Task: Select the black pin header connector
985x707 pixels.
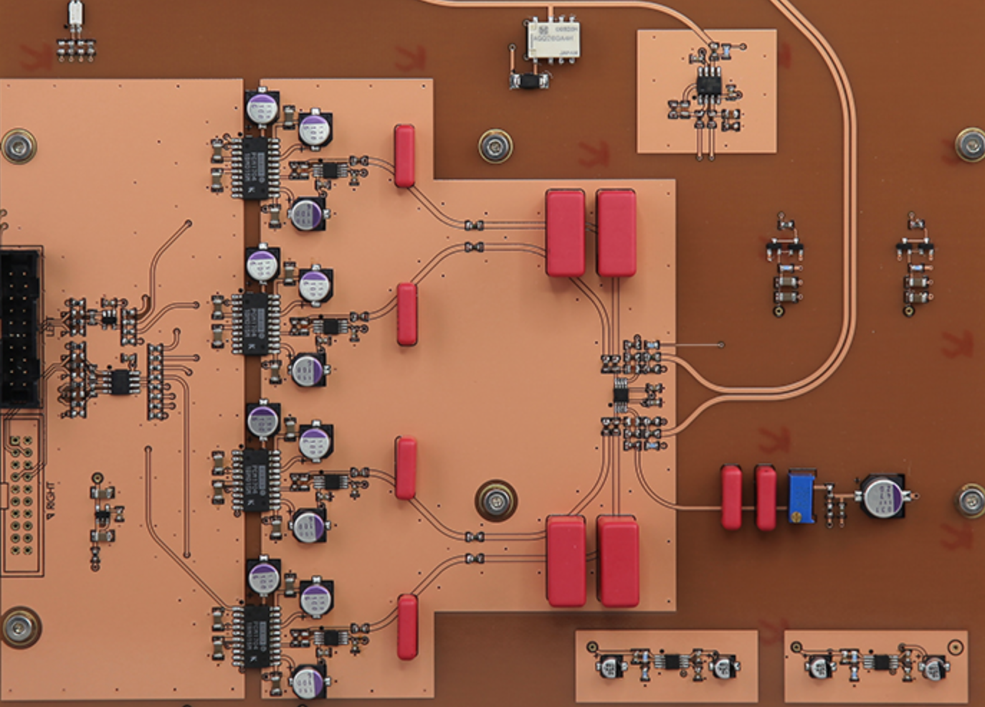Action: click(20, 327)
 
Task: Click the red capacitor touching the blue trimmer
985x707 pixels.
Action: click(765, 497)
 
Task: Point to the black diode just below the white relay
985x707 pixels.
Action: click(530, 80)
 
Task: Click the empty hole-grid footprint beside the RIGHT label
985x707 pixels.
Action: click(20, 495)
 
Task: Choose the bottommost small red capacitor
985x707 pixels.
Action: click(407, 626)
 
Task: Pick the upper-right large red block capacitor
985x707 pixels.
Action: click(616, 232)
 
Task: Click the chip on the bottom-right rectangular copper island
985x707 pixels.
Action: click(880, 661)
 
